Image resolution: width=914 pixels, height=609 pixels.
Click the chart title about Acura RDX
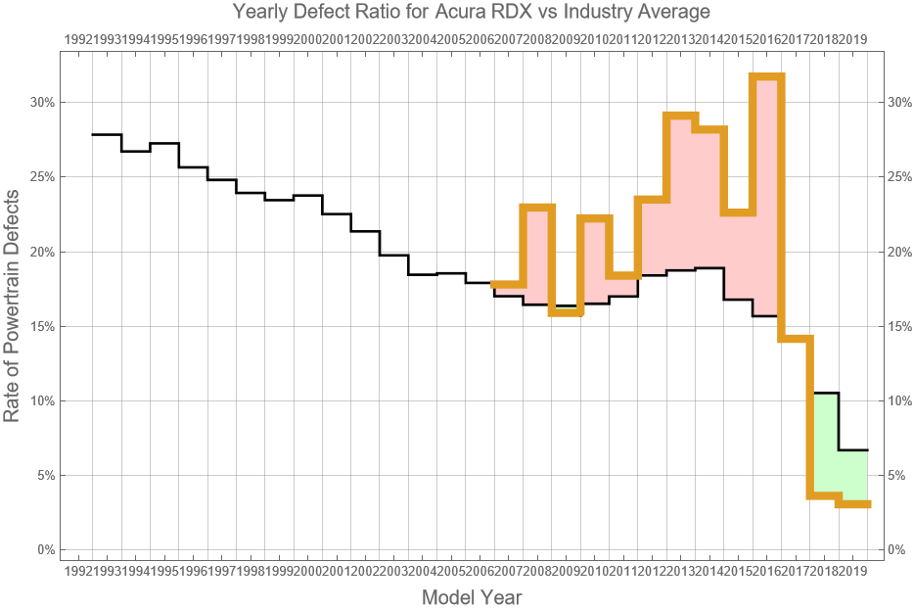point(471,13)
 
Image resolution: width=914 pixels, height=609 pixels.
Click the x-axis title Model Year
point(471,596)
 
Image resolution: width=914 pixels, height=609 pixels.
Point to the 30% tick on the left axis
point(42,102)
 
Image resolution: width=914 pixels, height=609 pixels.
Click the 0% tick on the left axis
point(45,549)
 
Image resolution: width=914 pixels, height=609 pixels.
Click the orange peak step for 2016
point(767,77)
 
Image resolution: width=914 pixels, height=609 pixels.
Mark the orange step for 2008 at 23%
point(537,208)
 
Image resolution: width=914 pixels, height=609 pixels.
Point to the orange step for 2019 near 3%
point(853,504)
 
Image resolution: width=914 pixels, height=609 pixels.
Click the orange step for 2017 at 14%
point(796,339)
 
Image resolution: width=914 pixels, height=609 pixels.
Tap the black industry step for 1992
point(106,134)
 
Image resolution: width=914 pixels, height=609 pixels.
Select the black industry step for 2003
point(423,274)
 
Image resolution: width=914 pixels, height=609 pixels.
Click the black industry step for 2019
point(853,449)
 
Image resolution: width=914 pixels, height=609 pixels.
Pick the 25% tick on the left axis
point(42,177)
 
